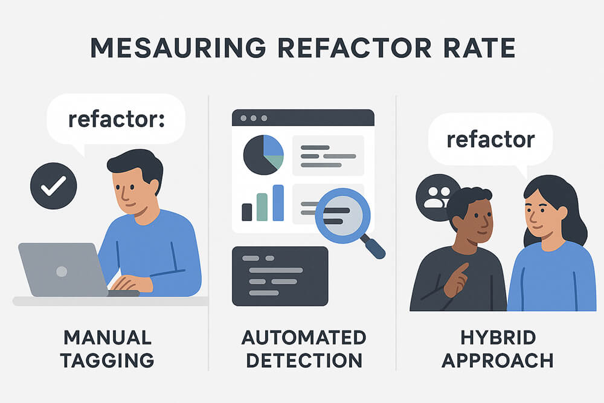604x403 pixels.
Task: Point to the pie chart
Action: pos(263,155)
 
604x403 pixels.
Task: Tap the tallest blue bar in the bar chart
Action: pos(278,202)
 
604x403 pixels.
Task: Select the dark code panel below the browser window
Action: pos(280,276)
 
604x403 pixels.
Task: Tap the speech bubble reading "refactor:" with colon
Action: pos(116,119)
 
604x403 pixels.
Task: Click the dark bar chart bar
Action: pos(246,211)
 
